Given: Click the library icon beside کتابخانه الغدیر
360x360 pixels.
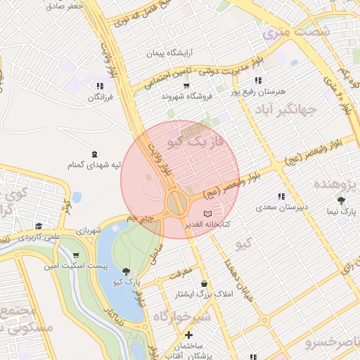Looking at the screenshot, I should pos(207,213).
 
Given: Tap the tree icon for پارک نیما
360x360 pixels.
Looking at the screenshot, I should pos(341,200).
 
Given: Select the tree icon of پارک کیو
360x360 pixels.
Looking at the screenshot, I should pos(126,271).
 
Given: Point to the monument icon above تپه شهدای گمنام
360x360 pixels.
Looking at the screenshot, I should pos(94,154).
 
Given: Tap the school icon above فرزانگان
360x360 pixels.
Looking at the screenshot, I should pos(99,86).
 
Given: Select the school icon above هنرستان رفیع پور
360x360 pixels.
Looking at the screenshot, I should pos(259,81).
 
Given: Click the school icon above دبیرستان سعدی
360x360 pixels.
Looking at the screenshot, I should pos(281,196).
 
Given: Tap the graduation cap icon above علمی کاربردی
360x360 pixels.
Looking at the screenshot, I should pos(39,226).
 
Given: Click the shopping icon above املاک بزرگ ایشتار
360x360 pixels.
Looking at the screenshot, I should pos(204,283).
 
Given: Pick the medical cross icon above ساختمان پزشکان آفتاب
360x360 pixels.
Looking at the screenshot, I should pos(188,335).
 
